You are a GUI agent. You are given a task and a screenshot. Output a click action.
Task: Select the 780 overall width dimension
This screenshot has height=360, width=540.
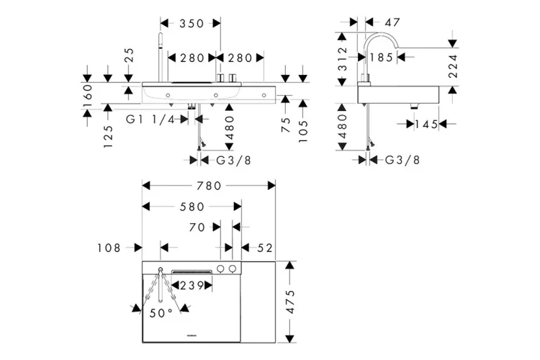(210, 186)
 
